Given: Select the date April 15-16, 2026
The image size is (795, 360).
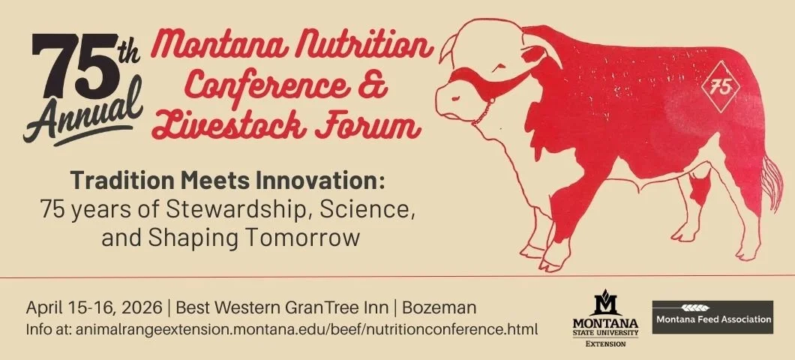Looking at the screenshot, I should pos(93,308).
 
